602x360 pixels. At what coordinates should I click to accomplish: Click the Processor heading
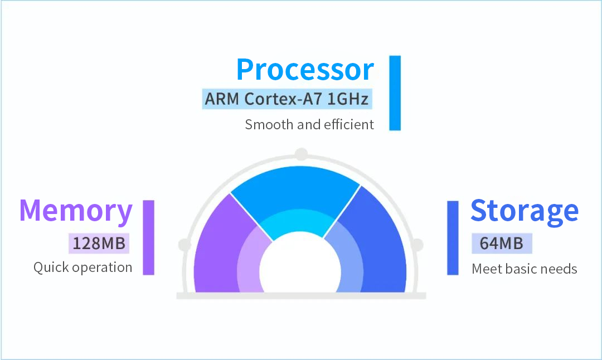(305, 70)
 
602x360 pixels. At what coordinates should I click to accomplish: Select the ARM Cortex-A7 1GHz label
(287, 99)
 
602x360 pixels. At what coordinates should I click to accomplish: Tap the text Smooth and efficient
(309, 125)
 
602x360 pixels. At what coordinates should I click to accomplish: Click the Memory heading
(76, 211)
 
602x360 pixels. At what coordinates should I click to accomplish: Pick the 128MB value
(99, 244)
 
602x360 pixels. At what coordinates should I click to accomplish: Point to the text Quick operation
(83, 267)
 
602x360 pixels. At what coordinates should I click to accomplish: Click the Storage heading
(525, 211)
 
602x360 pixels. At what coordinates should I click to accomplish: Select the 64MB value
(502, 244)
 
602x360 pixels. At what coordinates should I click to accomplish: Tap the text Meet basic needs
(525, 269)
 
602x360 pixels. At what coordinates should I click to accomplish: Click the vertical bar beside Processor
(395, 93)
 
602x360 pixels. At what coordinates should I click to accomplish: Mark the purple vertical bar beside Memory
(149, 237)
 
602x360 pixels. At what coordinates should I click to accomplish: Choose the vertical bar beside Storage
(453, 238)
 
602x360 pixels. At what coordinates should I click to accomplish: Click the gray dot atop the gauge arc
(302, 154)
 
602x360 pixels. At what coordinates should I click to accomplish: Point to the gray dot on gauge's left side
(185, 245)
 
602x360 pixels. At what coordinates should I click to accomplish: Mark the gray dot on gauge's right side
(417, 245)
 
